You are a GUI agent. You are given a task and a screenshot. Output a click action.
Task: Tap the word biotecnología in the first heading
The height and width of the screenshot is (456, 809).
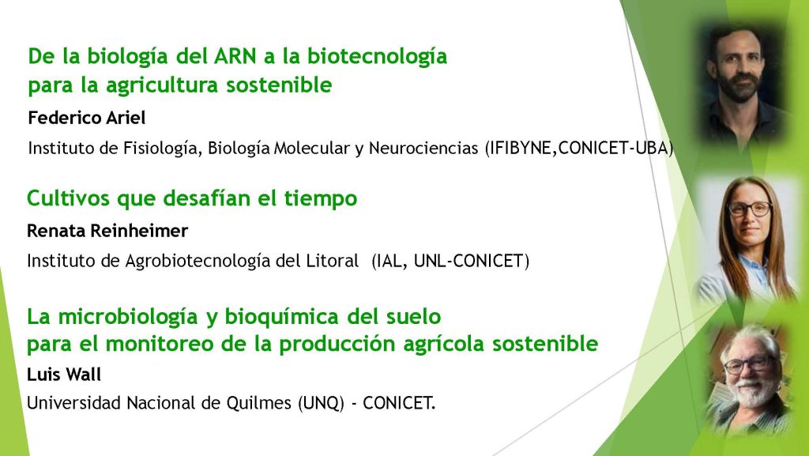tap(377, 57)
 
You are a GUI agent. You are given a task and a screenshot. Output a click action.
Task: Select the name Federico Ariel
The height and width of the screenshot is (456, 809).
tap(87, 118)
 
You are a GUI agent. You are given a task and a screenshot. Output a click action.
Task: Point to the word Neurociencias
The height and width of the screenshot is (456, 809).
tap(423, 148)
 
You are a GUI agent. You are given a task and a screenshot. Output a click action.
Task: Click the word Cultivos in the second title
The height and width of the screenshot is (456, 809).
tap(69, 198)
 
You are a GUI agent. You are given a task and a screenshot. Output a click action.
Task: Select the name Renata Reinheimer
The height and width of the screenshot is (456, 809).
tap(107, 231)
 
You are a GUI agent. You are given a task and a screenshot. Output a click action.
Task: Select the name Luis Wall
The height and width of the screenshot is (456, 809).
tap(64, 374)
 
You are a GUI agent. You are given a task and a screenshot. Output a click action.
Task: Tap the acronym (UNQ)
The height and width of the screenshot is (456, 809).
tap(321, 402)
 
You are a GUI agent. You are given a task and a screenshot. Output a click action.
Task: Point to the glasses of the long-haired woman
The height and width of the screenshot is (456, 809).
tap(750, 209)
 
